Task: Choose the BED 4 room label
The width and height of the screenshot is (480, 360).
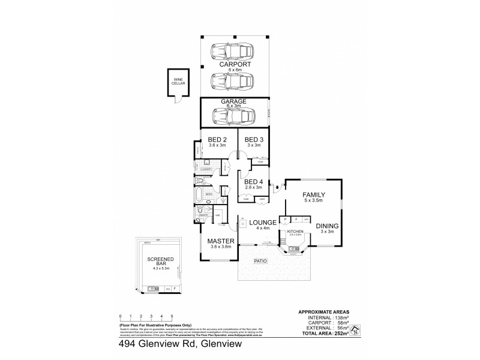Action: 254,182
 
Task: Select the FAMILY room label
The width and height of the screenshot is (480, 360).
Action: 313,195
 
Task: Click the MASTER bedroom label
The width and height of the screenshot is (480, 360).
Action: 220,241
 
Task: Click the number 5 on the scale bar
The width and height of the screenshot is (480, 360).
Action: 172,315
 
